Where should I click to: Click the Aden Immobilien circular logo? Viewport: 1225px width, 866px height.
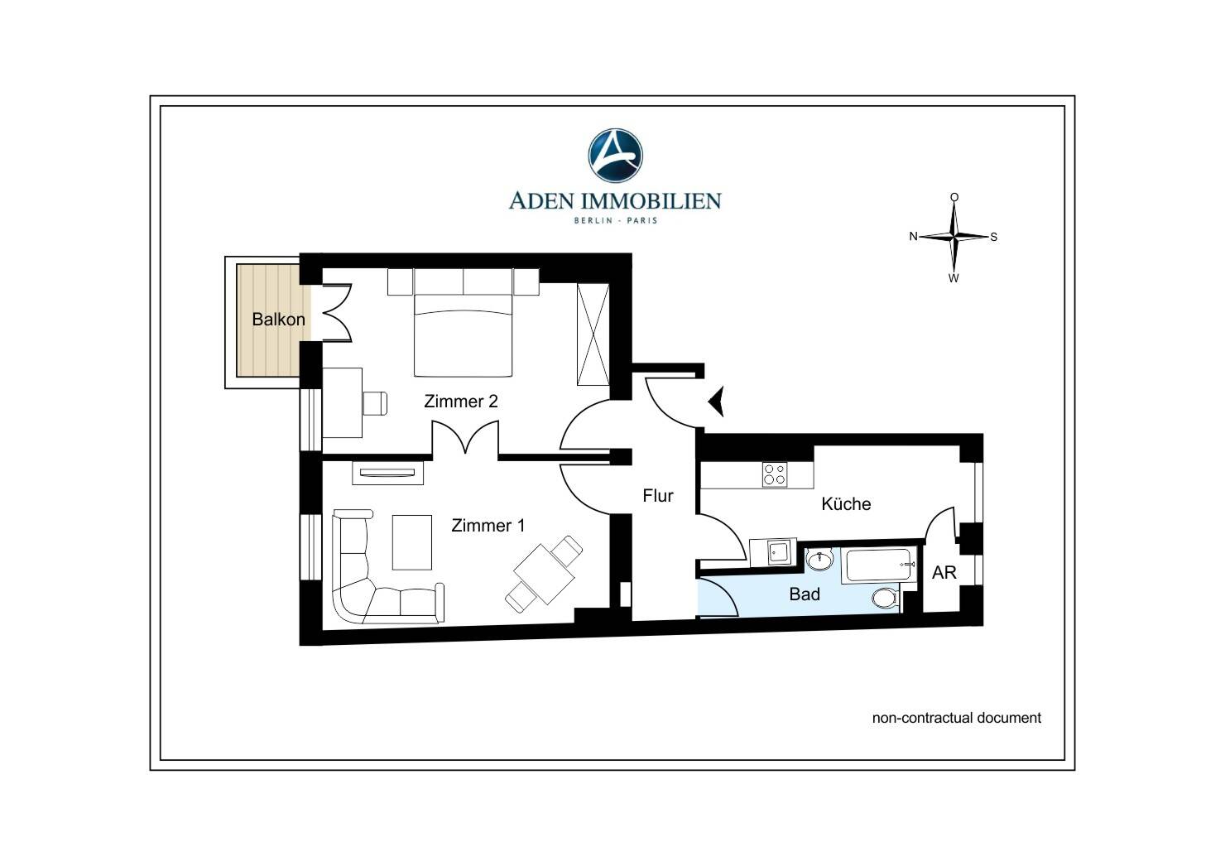pos(615,156)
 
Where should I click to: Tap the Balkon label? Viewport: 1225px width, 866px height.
pos(278,320)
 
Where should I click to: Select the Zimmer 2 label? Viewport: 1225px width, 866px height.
pos(461,402)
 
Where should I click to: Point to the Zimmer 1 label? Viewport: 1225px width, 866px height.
pos(488,526)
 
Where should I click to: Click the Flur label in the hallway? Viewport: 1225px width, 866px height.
pos(658,496)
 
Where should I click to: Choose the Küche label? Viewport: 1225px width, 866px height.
pos(846,504)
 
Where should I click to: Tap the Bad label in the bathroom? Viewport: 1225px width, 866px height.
pos(805,594)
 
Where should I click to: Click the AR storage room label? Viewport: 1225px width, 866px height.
pos(944,573)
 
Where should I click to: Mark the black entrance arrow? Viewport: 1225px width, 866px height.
pos(717,402)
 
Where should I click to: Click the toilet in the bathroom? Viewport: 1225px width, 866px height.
pos(886,598)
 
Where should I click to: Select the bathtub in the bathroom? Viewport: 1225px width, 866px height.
pos(879,565)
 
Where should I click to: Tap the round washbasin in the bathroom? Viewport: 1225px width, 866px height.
pos(819,560)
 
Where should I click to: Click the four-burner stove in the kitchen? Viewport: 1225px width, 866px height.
pos(775,474)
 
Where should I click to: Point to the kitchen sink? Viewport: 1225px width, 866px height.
pos(778,552)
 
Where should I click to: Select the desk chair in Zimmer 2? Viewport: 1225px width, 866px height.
pos(375,404)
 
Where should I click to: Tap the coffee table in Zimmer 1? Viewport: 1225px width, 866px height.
pos(412,542)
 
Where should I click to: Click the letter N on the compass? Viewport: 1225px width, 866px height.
pos(913,236)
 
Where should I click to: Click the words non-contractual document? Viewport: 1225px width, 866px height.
pos(957,718)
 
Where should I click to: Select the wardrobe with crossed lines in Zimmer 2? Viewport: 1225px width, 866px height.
pos(593,334)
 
